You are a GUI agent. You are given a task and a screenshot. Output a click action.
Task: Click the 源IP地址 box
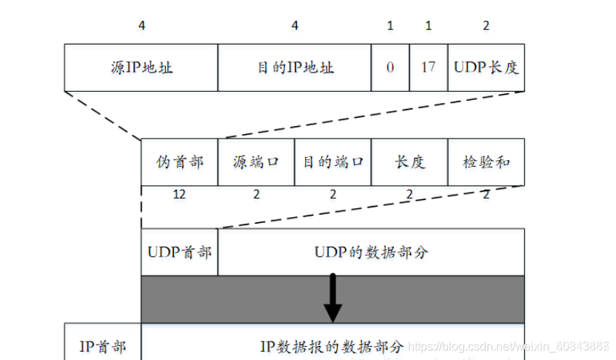click(x=141, y=67)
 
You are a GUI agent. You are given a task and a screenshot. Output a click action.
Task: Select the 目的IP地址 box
click(x=295, y=67)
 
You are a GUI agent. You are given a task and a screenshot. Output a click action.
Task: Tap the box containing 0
click(x=390, y=67)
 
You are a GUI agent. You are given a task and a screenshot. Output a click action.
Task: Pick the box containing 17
click(x=428, y=67)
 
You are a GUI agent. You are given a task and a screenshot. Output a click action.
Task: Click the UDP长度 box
click(x=486, y=67)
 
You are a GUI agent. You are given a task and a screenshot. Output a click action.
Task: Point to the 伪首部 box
click(x=179, y=161)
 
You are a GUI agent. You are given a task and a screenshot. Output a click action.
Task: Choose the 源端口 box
click(x=255, y=161)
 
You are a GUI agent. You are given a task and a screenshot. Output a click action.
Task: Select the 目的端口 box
click(x=332, y=161)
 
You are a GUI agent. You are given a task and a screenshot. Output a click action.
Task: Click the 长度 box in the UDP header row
click(x=409, y=161)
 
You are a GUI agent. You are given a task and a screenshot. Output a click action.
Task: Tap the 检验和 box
click(x=486, y=161)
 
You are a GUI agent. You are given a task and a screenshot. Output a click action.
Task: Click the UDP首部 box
click(x=179, y=252)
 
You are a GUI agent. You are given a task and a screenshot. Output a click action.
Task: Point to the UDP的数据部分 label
click(x=371, y=252)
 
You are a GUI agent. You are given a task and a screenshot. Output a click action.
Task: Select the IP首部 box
click(x=102, y=346)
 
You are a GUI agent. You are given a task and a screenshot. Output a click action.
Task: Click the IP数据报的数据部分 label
click(x=332, y=346)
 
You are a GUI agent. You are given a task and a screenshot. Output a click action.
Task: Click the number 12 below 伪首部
click(x=179, y=194)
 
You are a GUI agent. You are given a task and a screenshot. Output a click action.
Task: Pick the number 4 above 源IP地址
click(x=141, y=25)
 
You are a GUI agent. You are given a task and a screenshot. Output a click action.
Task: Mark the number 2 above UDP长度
click(x=486, y=25)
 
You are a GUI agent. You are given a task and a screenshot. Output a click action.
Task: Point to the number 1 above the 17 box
click(x=428, y=25)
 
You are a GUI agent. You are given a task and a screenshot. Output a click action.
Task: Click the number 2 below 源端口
click(x=255, y=194)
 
